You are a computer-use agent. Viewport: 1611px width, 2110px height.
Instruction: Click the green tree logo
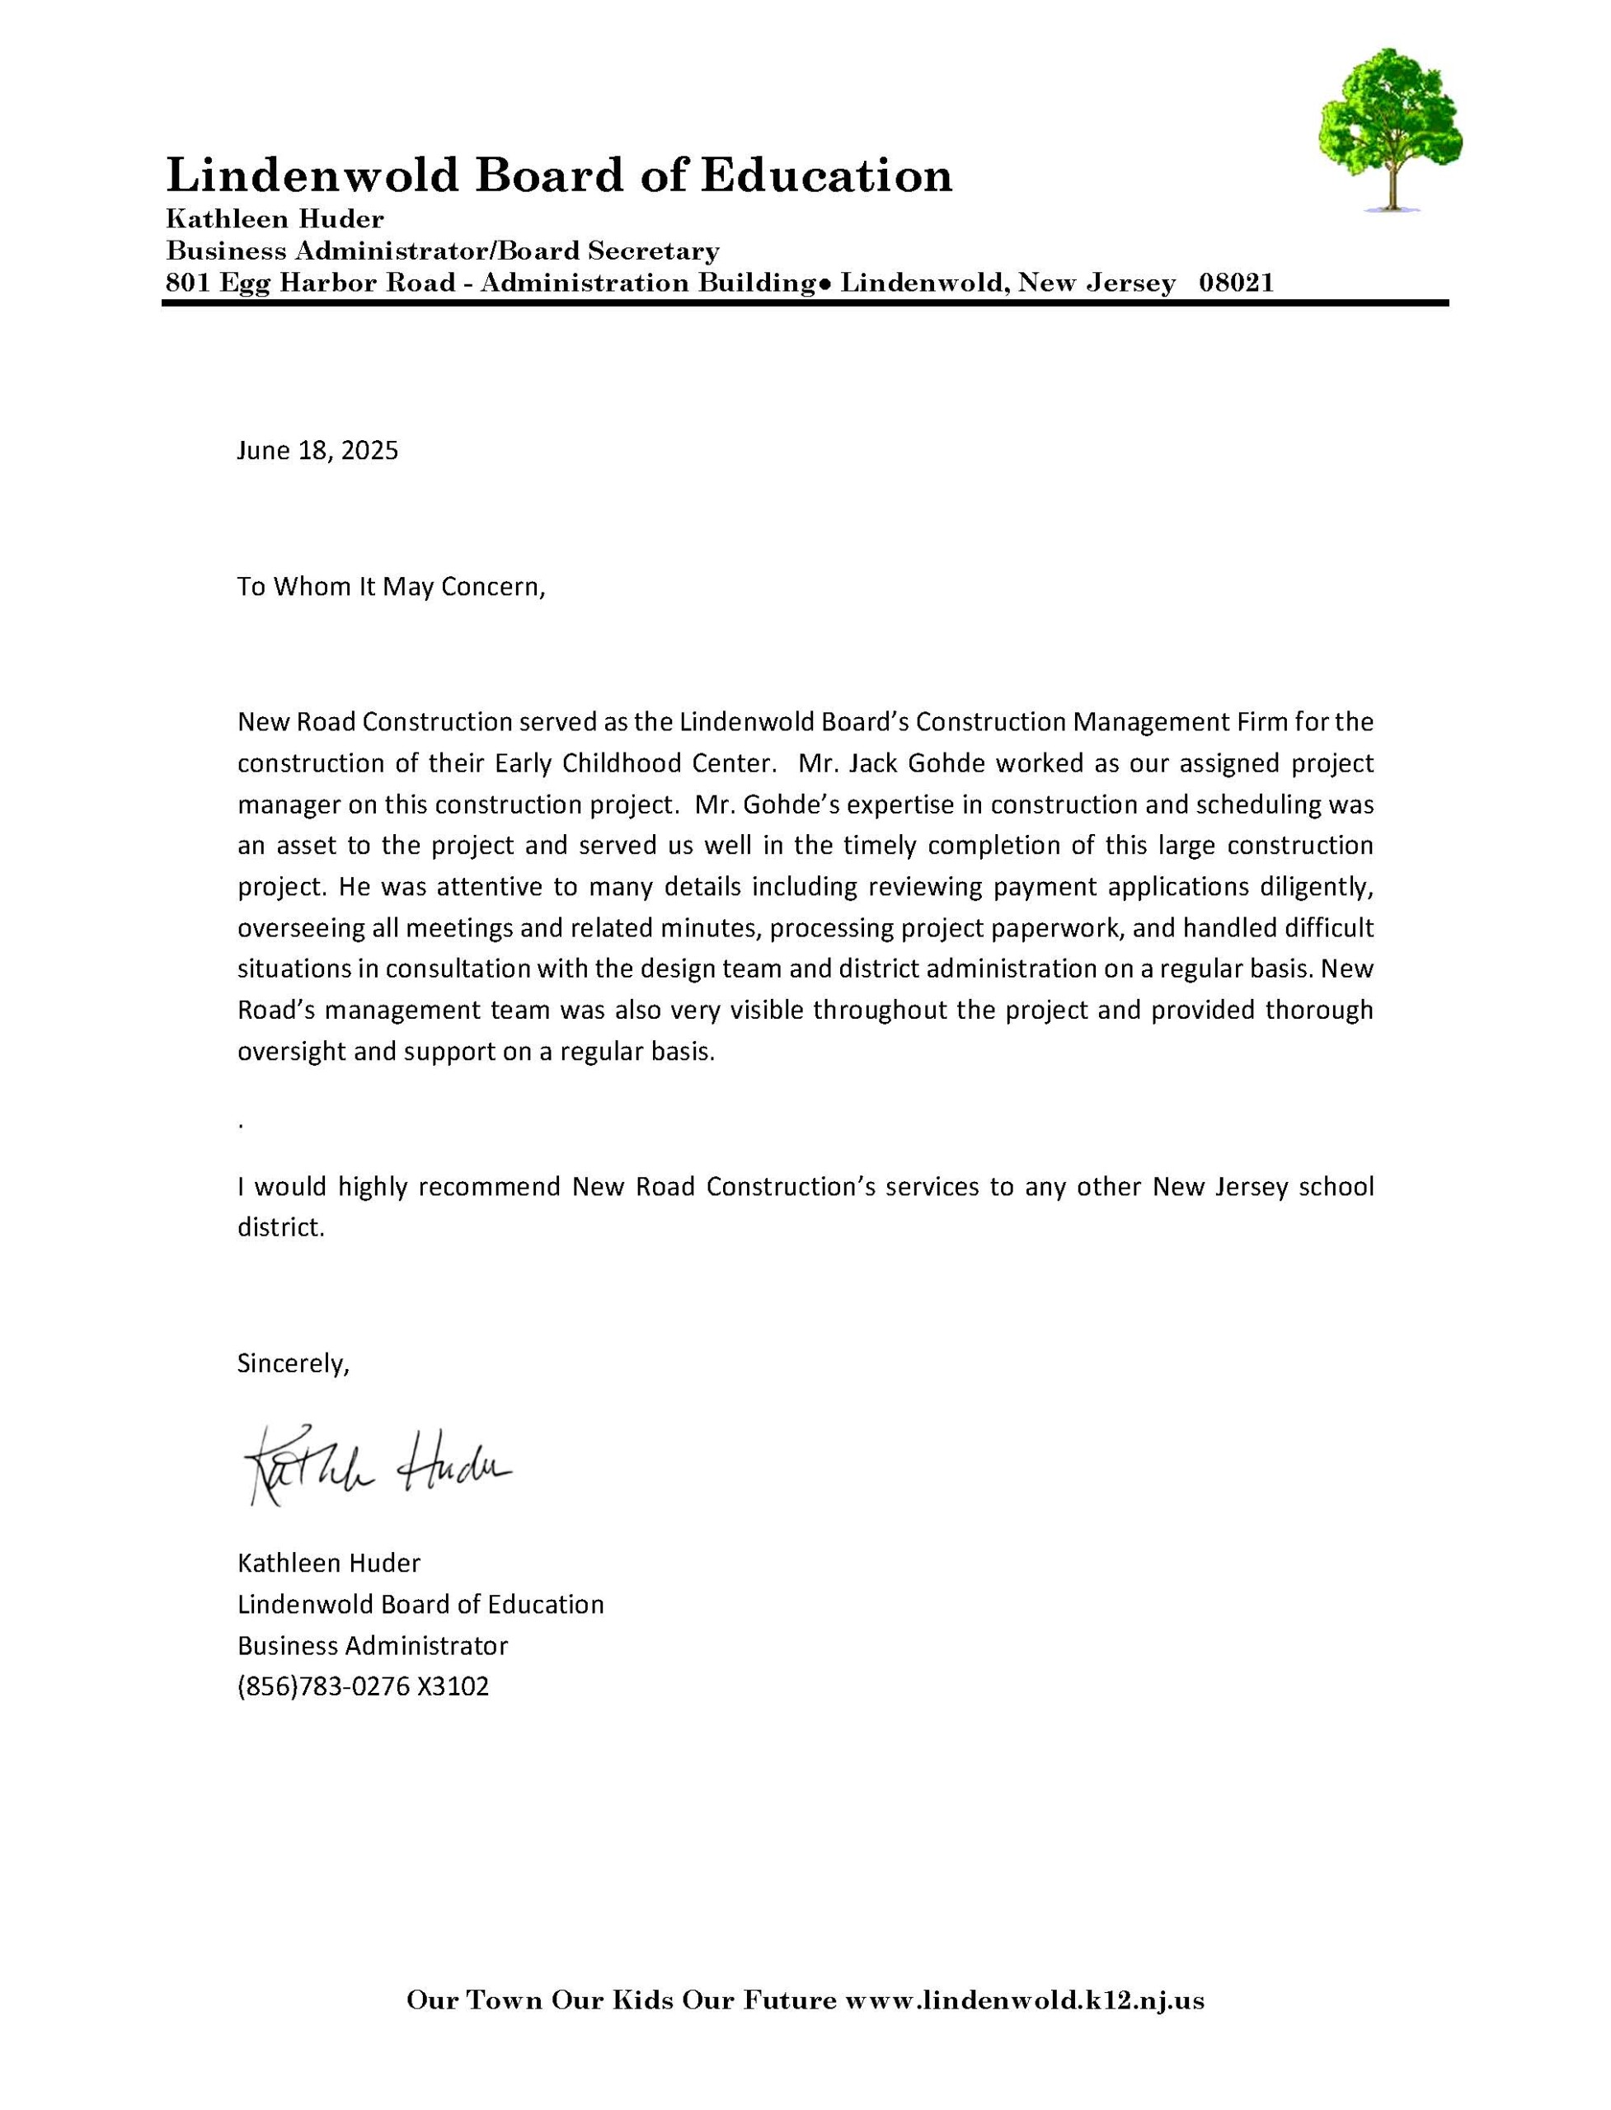[x=1390, y=129]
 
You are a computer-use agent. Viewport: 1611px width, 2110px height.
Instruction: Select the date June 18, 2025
[x=317, y=451]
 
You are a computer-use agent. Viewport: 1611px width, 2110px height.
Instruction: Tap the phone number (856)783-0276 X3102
[x=364, y=1686]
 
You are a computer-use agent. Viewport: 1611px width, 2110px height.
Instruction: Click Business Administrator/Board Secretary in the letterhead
[x=443, y=251]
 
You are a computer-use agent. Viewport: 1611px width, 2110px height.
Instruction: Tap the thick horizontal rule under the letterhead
[x=805, y=303]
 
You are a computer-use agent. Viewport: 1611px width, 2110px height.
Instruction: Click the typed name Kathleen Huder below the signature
[x=329, y=1564]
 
